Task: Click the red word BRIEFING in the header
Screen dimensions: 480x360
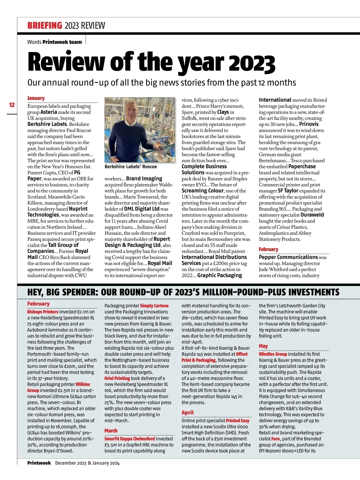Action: [x=45, y=26]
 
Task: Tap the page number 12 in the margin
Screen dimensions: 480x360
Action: [x=12, y=105]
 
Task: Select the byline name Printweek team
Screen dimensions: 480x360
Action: [x=62, y=42]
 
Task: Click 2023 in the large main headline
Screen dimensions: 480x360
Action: [x=252, y=63]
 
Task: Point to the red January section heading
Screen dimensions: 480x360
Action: [x=36, y=98]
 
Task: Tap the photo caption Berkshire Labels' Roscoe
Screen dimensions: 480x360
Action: [x=130, y=167]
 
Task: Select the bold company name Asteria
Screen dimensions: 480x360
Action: [x=49, y=112]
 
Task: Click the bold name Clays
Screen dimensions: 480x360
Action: [x=223, y=112]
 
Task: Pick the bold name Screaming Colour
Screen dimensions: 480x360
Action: [x=202, y=191]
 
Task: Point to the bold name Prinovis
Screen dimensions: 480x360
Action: [x=309, y=124]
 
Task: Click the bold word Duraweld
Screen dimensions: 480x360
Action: [x=312, y=215]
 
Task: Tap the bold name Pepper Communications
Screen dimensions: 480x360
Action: [x=288, y=257]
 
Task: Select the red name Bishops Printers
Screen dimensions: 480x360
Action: [x=43, y=312]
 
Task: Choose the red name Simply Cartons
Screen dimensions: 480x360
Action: [x=154, y=306]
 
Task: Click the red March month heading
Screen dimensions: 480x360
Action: [x=111, y=431]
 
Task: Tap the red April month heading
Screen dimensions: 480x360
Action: [x=187, y=412]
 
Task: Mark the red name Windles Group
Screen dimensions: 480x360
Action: [x=273, y=354]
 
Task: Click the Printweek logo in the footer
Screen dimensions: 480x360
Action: [x=39, y=463]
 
